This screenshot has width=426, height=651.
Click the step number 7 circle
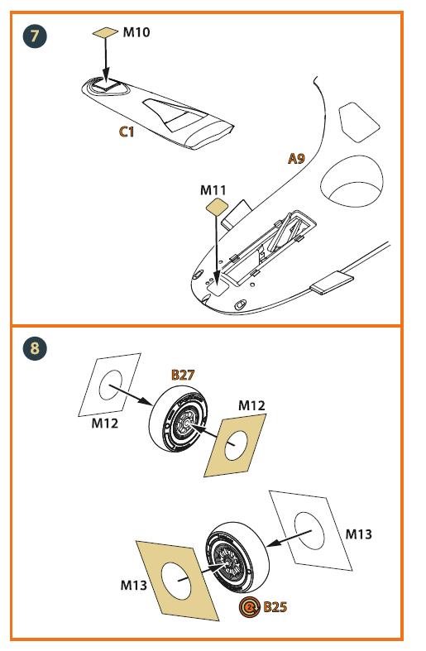pos(35,36)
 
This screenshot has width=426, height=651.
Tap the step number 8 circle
pos(35,347)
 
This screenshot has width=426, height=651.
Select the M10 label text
pos(136,32)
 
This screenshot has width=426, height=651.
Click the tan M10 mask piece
pos(105,32)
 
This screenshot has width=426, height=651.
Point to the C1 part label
pos(127,132)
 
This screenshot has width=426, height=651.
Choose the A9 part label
pos(296,158)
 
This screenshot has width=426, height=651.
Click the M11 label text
pos(213,190)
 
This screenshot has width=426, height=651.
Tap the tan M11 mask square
pos(217,206)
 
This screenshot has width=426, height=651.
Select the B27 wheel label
pos(183,375)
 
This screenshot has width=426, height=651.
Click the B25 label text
pos(275,607)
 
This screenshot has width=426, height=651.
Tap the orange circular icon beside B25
pos(249,607)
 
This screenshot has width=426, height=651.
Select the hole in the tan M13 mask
pos(176,581)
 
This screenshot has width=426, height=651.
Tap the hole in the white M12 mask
pos(111,385)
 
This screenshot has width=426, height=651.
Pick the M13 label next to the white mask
pos(359,534)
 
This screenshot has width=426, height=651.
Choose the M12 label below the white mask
pos(104,424)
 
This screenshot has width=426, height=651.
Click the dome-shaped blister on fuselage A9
pos(352,181)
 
